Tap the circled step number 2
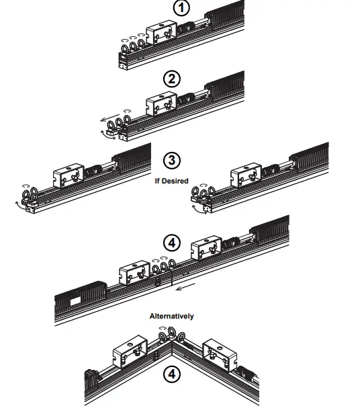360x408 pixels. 173,79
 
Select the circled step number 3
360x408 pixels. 173,161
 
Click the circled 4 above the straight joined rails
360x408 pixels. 171,242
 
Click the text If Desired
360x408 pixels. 173,180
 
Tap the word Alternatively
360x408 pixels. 171,315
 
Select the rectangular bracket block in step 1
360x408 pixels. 161,36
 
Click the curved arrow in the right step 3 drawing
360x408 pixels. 197,210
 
